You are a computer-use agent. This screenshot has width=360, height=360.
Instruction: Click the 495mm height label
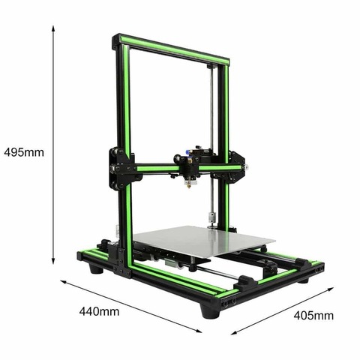pyautogui.click(x=23, y=151)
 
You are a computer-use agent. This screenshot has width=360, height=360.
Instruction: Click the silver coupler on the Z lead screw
pyautogui.click(x=212, y=220)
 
